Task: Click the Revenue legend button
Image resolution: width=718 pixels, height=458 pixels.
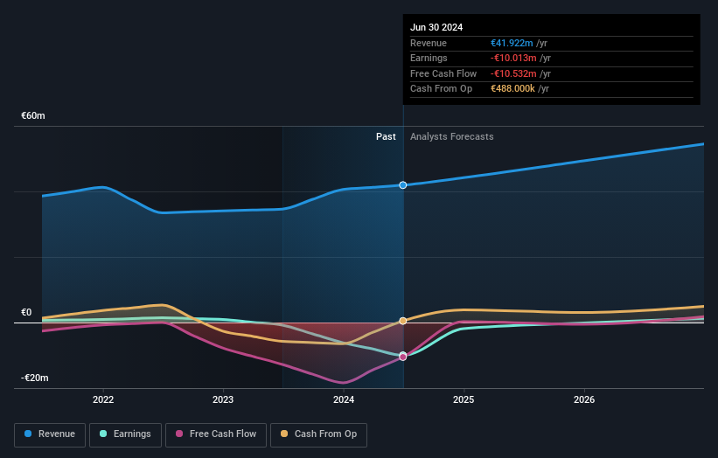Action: (x=50, y=434)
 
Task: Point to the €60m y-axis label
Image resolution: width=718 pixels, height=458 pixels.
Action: (x=33, y=115)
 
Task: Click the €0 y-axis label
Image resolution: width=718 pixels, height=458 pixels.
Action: (x=26, y=312)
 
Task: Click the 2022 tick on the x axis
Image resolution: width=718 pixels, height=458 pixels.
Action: (x=103, y=399)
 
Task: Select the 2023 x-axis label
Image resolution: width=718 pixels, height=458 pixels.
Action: (x=223, y=399)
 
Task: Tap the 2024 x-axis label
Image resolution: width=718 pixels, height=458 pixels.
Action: (x=344, y=399)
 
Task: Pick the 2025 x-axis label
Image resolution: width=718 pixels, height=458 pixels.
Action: (x=464, y=399)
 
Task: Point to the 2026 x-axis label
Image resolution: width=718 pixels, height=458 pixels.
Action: (x=584, y=399)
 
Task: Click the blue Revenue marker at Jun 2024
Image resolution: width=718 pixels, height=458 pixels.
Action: (x=403, y=185)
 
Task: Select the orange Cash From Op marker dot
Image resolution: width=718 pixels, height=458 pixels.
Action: (x=403, y=321)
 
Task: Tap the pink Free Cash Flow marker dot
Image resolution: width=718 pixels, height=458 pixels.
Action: (x=403, y=357)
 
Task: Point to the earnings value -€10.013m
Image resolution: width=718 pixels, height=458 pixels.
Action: (x=519, y=59)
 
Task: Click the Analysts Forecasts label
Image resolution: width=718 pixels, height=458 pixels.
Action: (x=451, y=136)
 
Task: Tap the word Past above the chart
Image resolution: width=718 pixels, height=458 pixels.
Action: (x=386, y=136)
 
